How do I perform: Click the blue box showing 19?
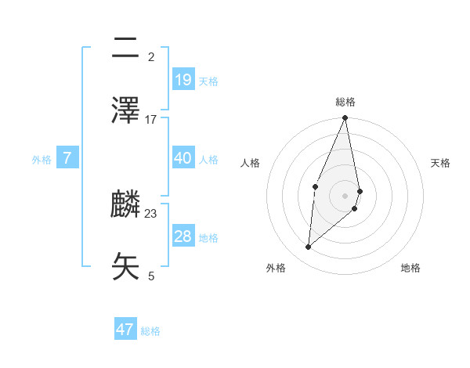[x=183, y=79]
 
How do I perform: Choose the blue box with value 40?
[x=183, y=158]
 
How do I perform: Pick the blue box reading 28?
[x=183, y=236]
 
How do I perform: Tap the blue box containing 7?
[x=67, y=158]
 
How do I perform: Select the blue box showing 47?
[x=125, y=330]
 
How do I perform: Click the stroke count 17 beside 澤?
[x=151, y=120]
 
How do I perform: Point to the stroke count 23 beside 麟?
[x=151, y=214]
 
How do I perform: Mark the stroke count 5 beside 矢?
[x=151, y=276]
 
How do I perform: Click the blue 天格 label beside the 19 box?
[x=208, y=81]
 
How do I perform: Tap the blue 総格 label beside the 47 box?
[x=150, y=331]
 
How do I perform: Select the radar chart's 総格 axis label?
[x=345, y=102]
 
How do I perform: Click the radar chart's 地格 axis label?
[x=410, y=268]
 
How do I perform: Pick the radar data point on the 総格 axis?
[x=345, y=118]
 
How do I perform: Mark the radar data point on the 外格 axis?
[x=309, y=247]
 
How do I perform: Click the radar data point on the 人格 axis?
[x=315, y=186]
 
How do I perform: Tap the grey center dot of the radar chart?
[x=345, y=196]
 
